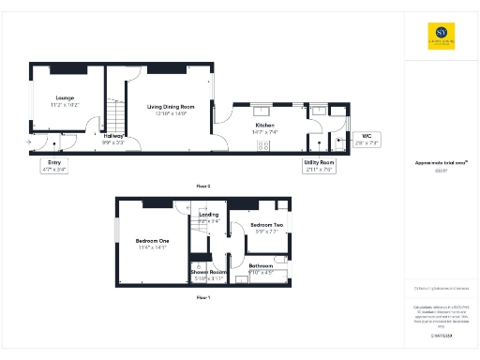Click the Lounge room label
pos(65,97)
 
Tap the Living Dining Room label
pos(170,106)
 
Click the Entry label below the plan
pos(54,162)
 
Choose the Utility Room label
pos(319,163)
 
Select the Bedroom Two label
pos(265,226)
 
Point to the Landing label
pos(208,215)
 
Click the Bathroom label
pos(261,266)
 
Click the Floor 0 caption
pos(203,187)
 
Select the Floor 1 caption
pos(203,296)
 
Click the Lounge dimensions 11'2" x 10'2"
pos(65,104)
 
